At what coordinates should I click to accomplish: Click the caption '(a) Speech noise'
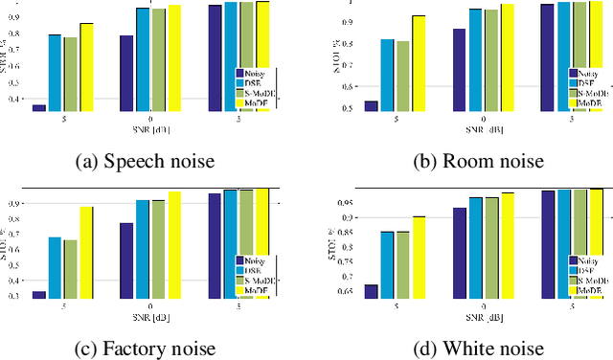[x=145, y=162]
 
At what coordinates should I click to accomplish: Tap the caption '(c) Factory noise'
[x=145, y=349]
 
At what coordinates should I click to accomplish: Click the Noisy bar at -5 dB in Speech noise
[x=39, y=108]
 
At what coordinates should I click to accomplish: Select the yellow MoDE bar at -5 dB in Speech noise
[x=86, y=67]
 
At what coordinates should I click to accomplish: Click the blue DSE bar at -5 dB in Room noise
[x=387, y=76]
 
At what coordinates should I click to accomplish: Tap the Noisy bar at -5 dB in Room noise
[x=372, y=106]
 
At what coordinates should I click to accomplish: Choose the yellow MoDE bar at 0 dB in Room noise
[x=507, y=57]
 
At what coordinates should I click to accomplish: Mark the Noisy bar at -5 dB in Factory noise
[x=39, y=295]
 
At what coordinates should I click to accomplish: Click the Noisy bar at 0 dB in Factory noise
[x=126, y=260]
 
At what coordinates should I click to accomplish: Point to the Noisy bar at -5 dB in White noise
[x=372, y=292]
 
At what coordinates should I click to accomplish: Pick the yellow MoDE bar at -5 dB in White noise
[x=419, y=258]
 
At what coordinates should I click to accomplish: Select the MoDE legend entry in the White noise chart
[x=590, y=289]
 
